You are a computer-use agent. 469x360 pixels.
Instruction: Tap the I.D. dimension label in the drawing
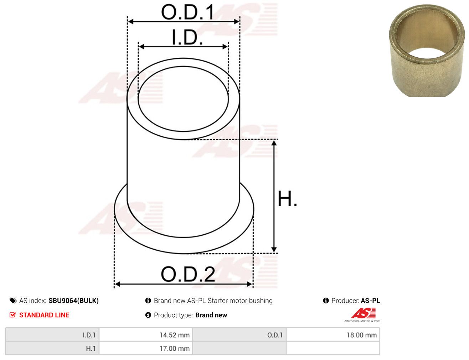click(187, 37)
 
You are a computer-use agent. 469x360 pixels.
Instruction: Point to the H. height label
click(287, 199)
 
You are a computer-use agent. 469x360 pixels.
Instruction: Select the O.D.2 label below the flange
click(188, 274)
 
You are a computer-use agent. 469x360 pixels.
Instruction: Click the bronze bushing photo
click(427, 51)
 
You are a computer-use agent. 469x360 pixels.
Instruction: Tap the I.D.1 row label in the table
click(89, 335)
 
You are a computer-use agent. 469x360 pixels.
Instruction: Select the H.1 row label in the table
click(91, 348)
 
